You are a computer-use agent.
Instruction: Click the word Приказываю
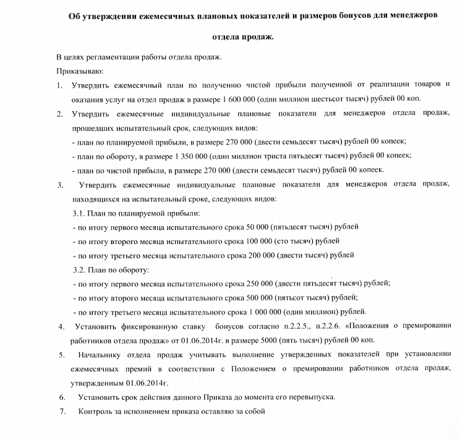pyautogui.click(x=78, y=71)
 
